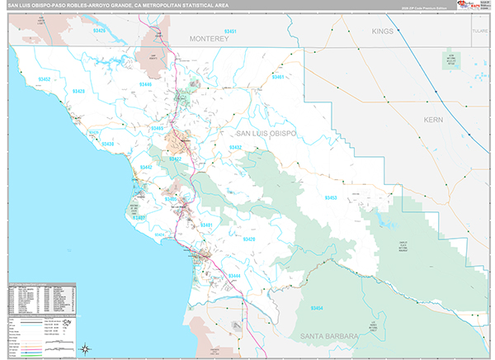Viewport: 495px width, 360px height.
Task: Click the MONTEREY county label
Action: point(214,39)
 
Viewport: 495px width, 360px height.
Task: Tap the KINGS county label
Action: point(383,31)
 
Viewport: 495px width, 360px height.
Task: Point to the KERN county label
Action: point(434,120)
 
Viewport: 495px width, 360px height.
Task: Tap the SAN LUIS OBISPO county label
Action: point(271,133)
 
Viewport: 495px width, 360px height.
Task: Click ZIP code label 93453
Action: point(330,198)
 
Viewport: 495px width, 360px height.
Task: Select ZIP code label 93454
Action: point(318,308)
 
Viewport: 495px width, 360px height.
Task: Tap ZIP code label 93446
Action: point(146,85)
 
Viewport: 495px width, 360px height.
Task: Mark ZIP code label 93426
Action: point(100,31)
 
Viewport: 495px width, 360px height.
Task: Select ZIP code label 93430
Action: point(107,144)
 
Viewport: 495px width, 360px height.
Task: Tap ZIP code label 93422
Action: point(176,159)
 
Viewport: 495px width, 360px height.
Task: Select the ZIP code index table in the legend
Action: point(41,299)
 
